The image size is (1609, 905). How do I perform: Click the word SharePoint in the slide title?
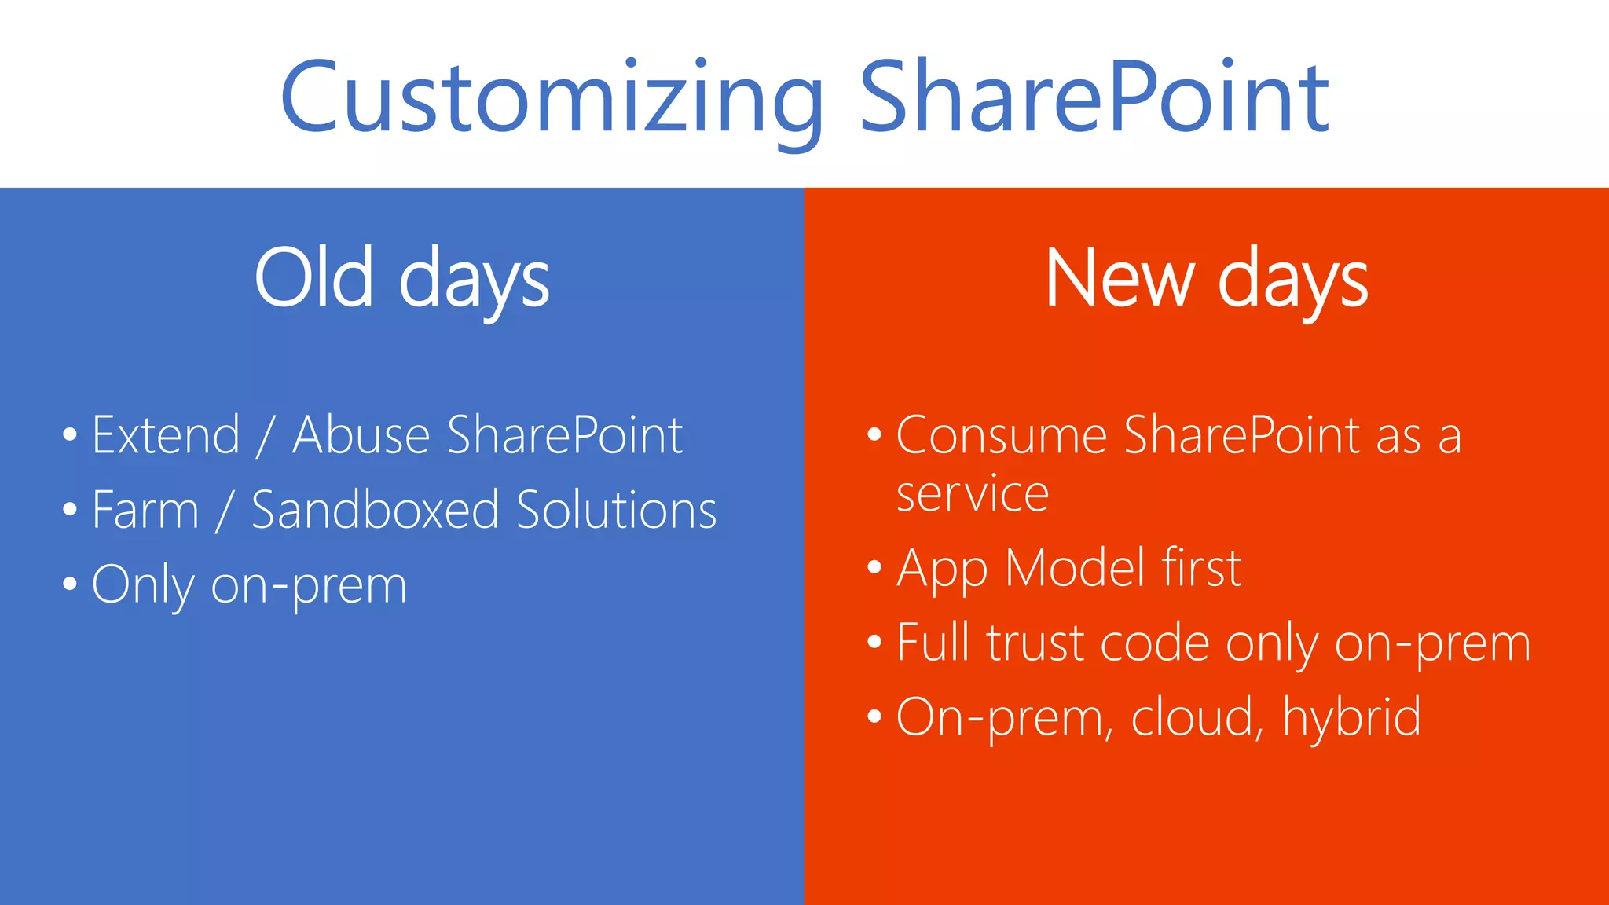click(x=1094, y=98)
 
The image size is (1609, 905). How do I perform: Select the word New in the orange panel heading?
click(x=1120, y=278)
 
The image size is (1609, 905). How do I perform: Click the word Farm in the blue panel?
click(x=145, y=510)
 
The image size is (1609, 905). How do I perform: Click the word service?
click(x=973, y=495)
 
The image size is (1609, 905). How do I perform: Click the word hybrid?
click(x=1351, y=716)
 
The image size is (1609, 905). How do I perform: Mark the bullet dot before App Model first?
click(x=874, y=567)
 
